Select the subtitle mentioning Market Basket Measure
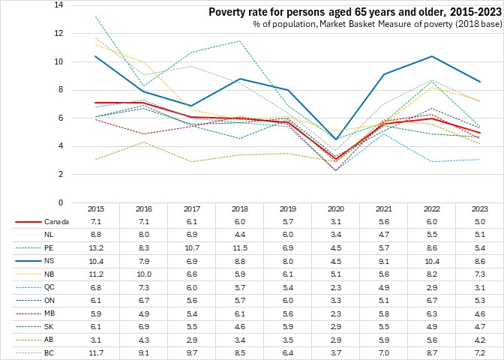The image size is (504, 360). point(367,26)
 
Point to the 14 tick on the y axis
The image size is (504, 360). point(59,5)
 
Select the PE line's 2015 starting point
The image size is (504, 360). point(94,16)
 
